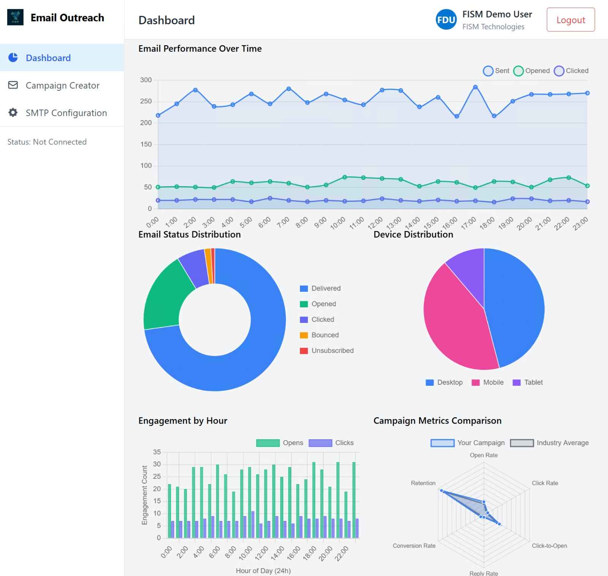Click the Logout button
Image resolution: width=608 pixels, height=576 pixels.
tap(570, 20)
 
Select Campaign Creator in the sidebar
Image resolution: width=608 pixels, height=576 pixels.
tap(62, 85)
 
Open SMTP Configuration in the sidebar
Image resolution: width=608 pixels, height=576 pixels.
tap(66, 113)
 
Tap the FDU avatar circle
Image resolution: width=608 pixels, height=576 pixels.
tap(446, 20)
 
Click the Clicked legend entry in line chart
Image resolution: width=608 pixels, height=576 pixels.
tap(571, 71)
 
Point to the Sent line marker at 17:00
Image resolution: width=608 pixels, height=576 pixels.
tap(475, 87)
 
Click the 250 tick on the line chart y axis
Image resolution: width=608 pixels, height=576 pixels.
tap(146, 101)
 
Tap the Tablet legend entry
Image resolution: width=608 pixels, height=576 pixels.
tap(528, 383)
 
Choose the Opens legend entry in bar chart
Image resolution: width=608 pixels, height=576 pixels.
tap(280, 443)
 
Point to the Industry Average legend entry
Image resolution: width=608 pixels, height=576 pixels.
tap(549, 443)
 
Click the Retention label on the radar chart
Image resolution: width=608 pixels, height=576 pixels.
tap(423, 483)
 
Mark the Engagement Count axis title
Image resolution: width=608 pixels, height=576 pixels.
tap(144, 495)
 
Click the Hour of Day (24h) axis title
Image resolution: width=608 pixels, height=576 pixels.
tap(263, 571)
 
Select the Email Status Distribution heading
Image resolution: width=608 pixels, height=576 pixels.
tap(189, 234)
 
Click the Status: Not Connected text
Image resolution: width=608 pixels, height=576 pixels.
tap(47, 142)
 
